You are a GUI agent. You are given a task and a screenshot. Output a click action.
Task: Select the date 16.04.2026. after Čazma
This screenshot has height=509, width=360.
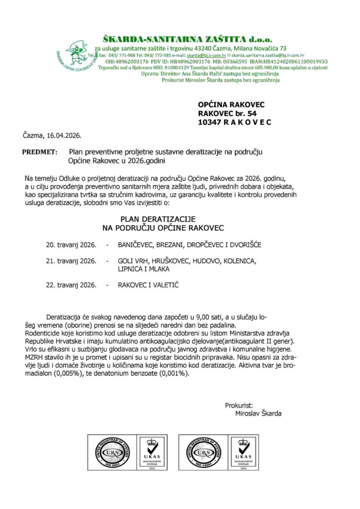(x=64, y=135)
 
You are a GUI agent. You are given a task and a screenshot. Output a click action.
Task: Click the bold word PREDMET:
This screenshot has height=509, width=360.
(x=40, y=151)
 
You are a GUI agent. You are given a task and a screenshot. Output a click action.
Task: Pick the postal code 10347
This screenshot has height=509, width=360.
(x=209, y=122)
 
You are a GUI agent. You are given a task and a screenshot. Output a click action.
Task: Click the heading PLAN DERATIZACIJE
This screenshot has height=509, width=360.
(x=159, y=219)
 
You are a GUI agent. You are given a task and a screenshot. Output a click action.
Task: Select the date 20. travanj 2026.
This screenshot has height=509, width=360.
(x=71, y=246)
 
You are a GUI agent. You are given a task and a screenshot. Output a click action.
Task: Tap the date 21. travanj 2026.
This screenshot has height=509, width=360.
(x=71, y=261)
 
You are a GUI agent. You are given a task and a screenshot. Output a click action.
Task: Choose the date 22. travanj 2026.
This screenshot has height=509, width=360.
(x=71, y=285)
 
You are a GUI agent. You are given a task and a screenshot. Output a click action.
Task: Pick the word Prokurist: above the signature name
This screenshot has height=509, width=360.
(x=239, y=406)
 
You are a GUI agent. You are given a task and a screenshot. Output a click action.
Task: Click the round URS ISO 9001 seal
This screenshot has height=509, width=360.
(x=106, y=453)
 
